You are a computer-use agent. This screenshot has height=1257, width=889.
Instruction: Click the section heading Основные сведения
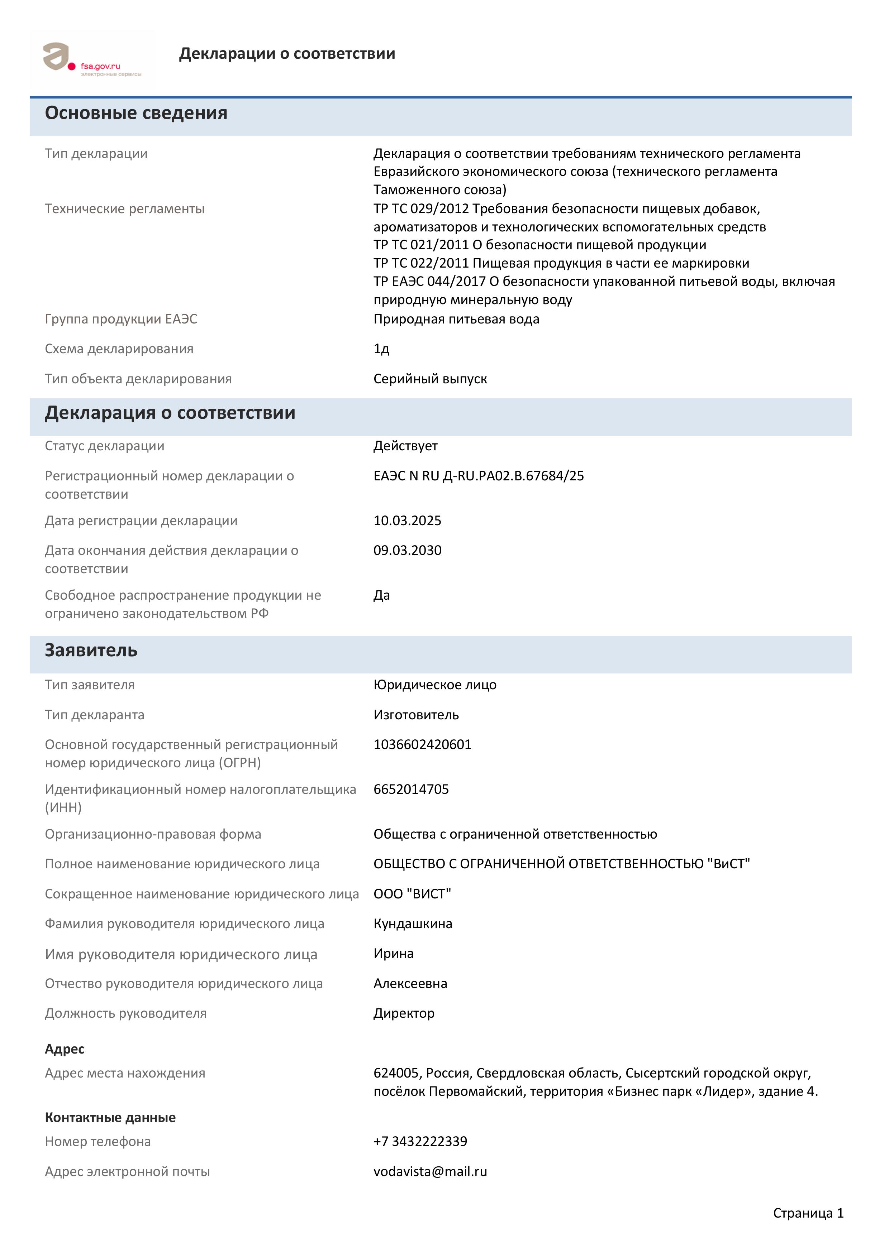pos(136,113)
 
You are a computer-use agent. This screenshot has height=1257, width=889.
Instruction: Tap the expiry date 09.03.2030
pos(407,550)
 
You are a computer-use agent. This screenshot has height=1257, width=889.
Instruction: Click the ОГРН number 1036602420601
pos(422,745)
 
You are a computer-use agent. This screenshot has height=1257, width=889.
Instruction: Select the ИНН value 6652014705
pos(411,790)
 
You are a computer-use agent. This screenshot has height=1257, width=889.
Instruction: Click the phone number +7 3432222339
pos(420,1142)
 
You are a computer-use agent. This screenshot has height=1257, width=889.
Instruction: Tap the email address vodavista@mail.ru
pos(430,1172)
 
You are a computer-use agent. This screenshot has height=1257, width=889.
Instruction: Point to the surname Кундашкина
pos(413,924)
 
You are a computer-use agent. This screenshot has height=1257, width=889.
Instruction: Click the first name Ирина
pos(393,954)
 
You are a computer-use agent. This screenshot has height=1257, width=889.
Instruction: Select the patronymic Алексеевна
pos(410,984)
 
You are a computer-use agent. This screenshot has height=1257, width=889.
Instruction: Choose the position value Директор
pos(404,1013)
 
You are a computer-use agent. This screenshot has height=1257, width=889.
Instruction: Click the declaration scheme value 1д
pos(381,349)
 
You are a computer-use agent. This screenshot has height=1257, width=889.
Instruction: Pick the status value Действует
pos(405,446)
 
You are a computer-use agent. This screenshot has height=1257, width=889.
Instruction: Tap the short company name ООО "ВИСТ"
pos(412,894)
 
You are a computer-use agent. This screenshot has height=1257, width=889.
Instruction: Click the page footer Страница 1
pos(808,1213)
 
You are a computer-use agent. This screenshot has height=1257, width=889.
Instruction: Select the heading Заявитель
pos(91,651)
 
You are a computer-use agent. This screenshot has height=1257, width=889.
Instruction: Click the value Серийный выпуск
pos(430,379)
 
